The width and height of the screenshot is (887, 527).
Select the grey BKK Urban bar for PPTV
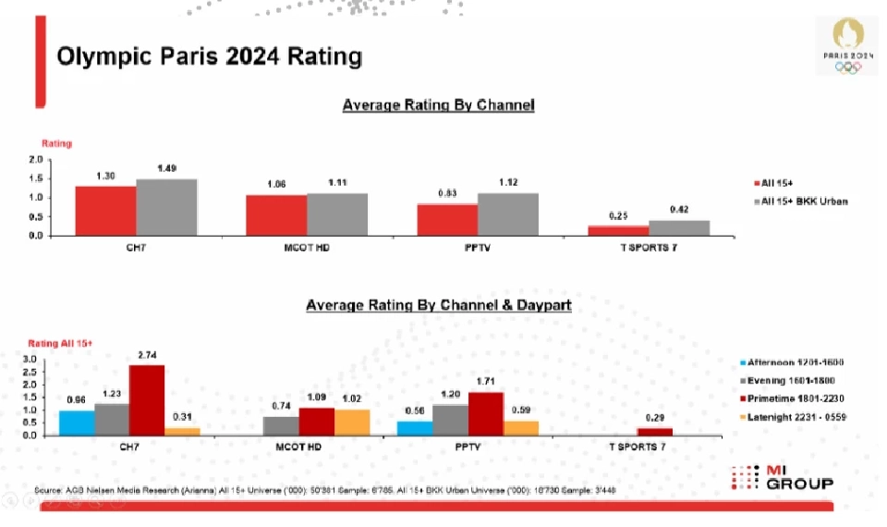click(x=507, y=214)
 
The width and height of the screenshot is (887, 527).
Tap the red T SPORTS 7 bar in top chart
click(x=618, y=230)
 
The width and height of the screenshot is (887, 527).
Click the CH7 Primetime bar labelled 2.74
click(x=147, y=400)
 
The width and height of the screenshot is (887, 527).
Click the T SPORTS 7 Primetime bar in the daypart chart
click(x=655, y=432)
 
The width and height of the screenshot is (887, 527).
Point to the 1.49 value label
click(x=166, y=168)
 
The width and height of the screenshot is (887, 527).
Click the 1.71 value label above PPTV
click(x=485, y=381)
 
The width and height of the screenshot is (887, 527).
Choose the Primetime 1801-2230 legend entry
click(x=796, y=398)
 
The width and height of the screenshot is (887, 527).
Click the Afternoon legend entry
click(x=795, y=362)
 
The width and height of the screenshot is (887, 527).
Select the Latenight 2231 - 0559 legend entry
click(x=796, y=416)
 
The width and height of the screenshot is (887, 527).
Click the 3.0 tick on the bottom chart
click(x=30, y=359)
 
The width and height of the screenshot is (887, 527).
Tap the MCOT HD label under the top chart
click(x=306, y=247)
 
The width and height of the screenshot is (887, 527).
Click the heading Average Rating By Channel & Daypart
click(x=438, y=304)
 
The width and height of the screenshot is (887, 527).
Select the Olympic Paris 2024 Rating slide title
click(x=209, y=57)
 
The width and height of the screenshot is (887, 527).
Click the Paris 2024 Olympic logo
click(x=847, y=45)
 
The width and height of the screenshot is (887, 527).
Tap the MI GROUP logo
click(x=784, y=478)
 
